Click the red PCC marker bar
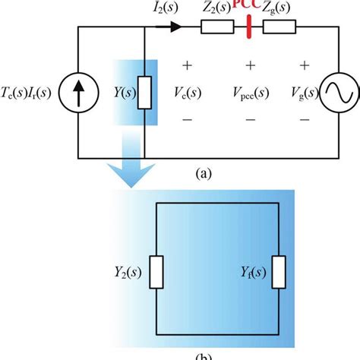[x=250, y=28]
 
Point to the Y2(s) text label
[x=125, y=270]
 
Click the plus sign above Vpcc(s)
[x=250, y=66]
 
